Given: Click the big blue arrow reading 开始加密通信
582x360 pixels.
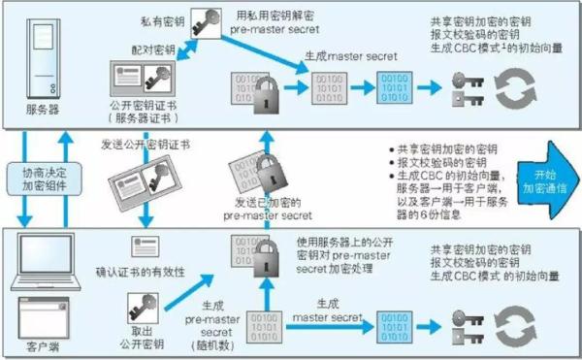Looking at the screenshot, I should click(539, 179).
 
